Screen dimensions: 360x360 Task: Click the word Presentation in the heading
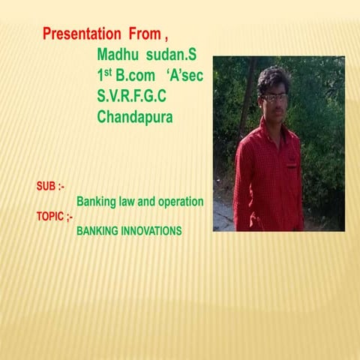pyautogui.click(x=82, y=34)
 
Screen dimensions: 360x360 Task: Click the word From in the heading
pyautogui.click(x=143, y=34)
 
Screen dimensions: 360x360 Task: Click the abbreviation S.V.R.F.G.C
pyautogui.click(x=131, y=97)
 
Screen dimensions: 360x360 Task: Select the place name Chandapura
pyautogui.click(x=135, y=118)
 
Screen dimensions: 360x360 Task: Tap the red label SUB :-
pyautogui.click(x=51, y=185)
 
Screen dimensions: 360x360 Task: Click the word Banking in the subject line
pyautogui.click(x=95, y=202)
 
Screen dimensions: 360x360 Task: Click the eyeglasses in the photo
pyautogui.click(x=274, y=97)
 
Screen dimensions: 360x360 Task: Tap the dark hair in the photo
pyautogui.click(x=273, y=78)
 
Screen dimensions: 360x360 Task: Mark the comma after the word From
pyautogui.click(x=165, y=37)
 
